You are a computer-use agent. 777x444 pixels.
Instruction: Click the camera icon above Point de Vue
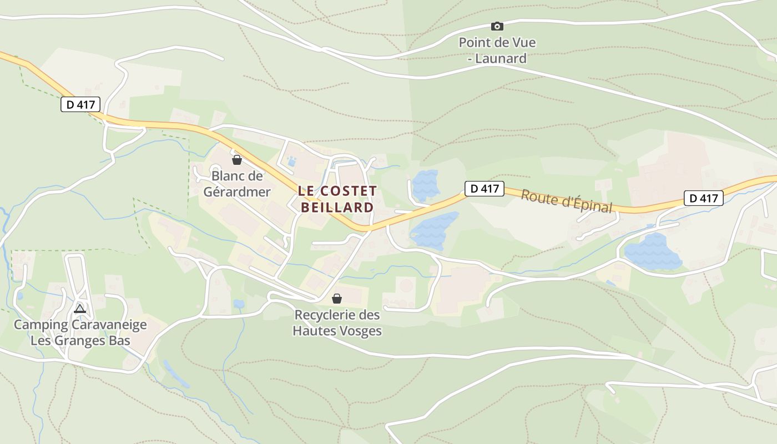coord(497,26)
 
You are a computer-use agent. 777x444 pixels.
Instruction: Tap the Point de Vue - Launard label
coord(497,50)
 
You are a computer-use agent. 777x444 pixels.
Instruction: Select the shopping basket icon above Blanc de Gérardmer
coord(237,160)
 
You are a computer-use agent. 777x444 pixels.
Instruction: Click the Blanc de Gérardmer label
coord(237,184)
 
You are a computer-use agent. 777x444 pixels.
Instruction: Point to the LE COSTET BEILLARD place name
coord(337,199)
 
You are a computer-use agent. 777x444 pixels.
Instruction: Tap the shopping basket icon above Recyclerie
coord(337,299)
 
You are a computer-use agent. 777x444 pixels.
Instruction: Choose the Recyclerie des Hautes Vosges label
coord(337,322)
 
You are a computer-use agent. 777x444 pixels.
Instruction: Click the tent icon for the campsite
coord(80,308)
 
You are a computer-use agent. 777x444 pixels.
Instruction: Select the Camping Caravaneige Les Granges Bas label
coord(80,332)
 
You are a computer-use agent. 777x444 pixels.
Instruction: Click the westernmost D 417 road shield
coord(80,104)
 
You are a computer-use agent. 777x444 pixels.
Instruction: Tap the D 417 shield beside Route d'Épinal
coord(484,189)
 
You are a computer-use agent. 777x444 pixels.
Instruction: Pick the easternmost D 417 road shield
coord(704,198)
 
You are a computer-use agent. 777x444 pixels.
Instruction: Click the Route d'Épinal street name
coord(566,201)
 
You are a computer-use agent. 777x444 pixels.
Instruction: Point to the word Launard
coord(501,58)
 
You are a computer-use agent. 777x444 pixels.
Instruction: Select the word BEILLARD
coord(337,208)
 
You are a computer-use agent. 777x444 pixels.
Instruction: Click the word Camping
coord(41,325)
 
